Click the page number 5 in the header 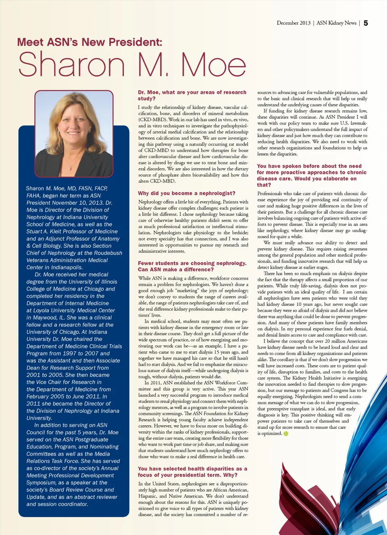click(x=366, y=23)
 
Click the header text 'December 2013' click(x=293, y=23)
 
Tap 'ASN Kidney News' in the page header click(x=336, y=23)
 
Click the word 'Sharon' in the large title click(x=72, y=65)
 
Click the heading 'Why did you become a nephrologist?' click(x=187, y=193)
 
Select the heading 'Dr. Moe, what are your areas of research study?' click(x=192, y=95)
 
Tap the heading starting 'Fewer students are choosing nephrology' click(x=192, y=266)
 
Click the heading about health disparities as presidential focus click(x=192, y=472)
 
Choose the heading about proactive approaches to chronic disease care click(x=312, y=176)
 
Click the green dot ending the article click(x=286, y=434)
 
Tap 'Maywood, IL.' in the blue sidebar click(x=45, y=318)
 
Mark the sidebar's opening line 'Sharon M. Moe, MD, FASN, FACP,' click(x=67, y=188)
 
